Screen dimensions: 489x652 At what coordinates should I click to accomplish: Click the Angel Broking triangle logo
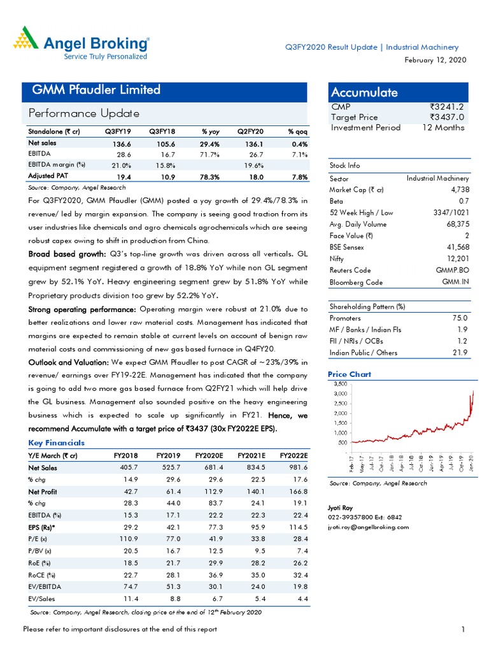click(25, 38)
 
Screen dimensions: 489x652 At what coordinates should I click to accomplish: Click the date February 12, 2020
click(436, 60)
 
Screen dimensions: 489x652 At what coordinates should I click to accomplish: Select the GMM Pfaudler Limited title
click(96, 89)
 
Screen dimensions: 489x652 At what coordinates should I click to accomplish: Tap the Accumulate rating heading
click(364, 92)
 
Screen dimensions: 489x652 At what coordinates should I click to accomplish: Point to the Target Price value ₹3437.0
click(447, 117)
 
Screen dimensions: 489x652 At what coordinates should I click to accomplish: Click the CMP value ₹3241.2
click(447, 107)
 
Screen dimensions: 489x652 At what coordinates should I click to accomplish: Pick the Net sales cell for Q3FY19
click(122, 144)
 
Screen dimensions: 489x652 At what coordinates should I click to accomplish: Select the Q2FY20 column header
click(250, 131)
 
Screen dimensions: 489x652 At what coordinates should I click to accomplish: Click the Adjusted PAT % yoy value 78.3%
click(209, 177)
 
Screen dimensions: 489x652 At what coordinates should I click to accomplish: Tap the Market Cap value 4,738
click(460, 190)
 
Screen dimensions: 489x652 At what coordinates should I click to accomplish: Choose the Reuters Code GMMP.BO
click(453, 270)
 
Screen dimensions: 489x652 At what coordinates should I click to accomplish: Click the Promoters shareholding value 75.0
click(460, 318)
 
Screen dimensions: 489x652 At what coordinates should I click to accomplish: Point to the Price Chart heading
click(350, 374)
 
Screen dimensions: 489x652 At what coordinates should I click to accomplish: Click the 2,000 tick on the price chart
click(341, 413)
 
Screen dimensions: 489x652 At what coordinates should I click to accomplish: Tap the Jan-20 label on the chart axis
click(471, 464)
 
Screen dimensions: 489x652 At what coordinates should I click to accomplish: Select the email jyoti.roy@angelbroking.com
click(369, 527)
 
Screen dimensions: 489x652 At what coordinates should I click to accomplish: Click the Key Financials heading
click(57, 443)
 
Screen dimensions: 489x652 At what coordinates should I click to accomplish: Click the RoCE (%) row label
click(41, 575)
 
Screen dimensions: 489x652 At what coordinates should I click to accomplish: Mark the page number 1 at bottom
click(464, 630)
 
